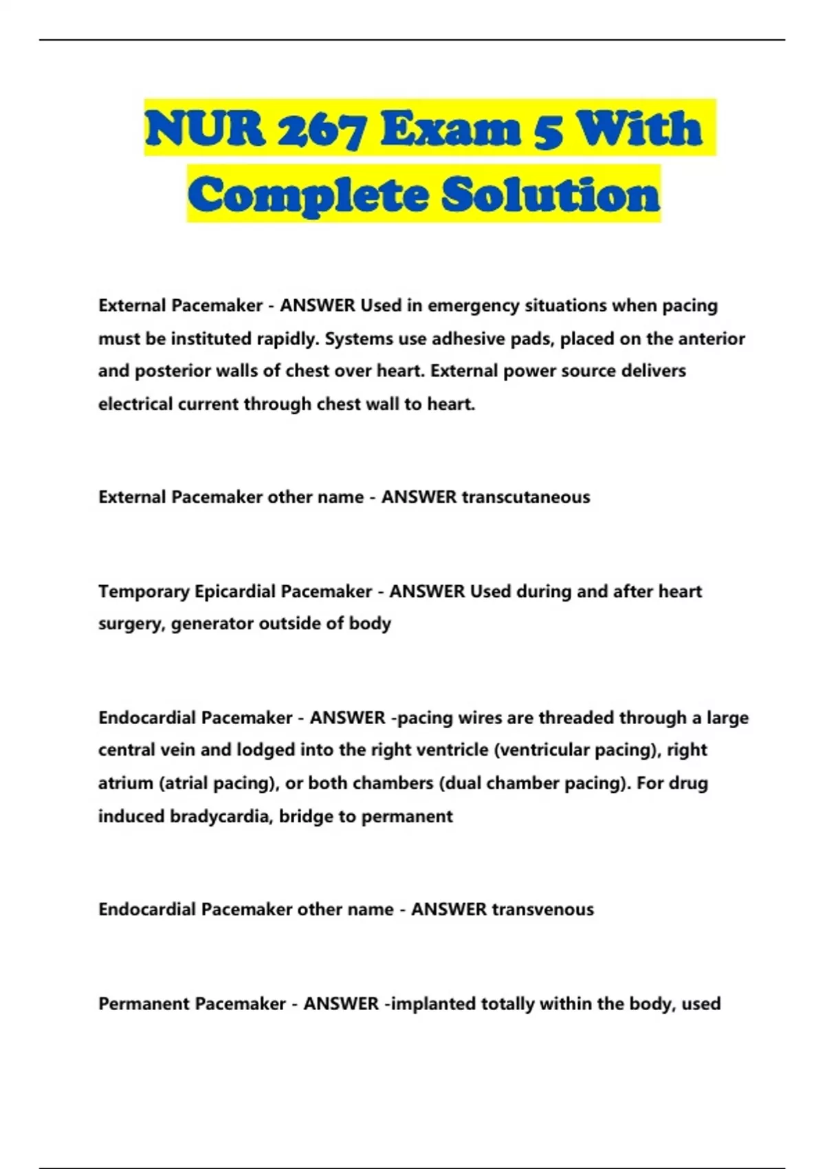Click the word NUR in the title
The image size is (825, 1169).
coord(205,129)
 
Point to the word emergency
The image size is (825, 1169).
coord(474,305)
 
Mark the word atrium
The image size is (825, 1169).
coord(126,783)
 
